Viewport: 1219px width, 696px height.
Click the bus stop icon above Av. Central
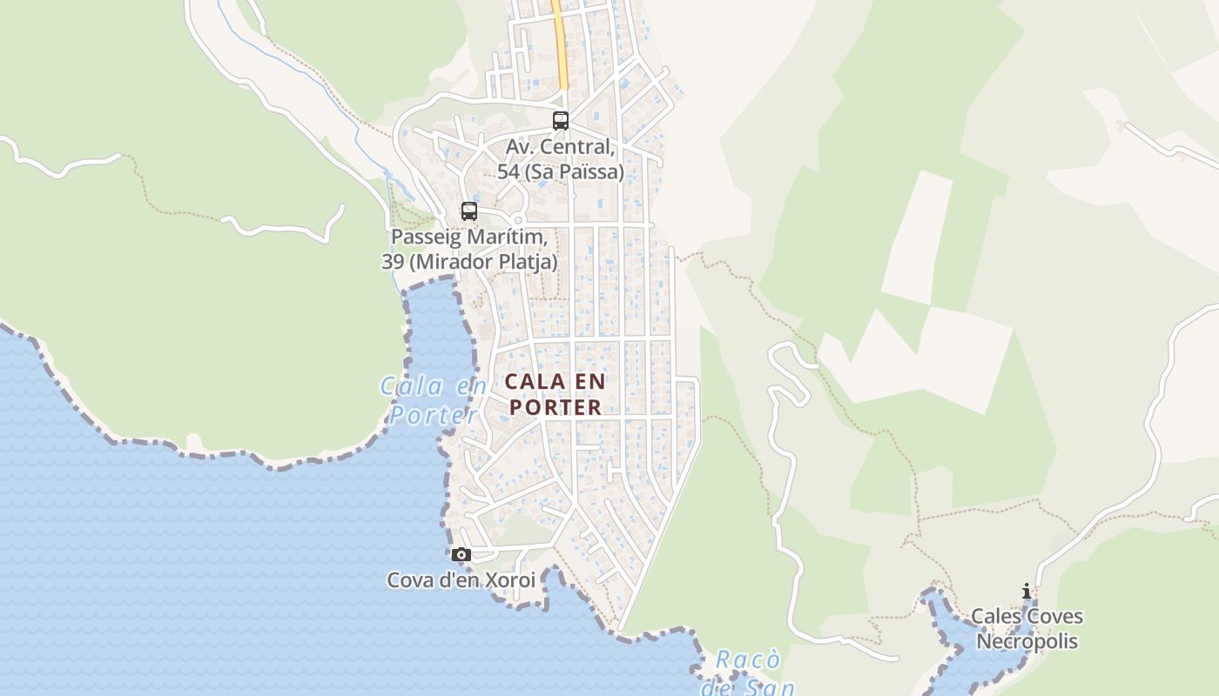pyautogui.click(x=561, y=121)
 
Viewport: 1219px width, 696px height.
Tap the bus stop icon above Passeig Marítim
pyautogui.click(x=469, y=211)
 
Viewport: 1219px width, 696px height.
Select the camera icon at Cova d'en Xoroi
pyautogui.click(x=461, y=554)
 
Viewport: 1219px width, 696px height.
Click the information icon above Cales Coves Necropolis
pyautogui.click(x=1027, y=592)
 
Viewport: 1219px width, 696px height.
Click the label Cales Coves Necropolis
pyautogui.click(x=1027, y=629)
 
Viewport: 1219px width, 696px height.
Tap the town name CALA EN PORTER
pyautogui.click(x=556, y=394)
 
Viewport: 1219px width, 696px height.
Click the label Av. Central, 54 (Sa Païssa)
pyautogui.click(x=561, y=159)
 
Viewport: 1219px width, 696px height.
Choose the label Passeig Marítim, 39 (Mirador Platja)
pyautogui.click(x=469, y=249)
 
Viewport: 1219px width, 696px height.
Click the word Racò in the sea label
pyautogui.click(x=747, y=660)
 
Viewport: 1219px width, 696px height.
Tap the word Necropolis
pyautogui.click(x=1027, y=642)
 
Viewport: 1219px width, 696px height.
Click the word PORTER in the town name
pyautogui.click(x=556, y=407)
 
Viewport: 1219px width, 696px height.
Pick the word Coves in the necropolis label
pyautogui.click(x=1054, y=617)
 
